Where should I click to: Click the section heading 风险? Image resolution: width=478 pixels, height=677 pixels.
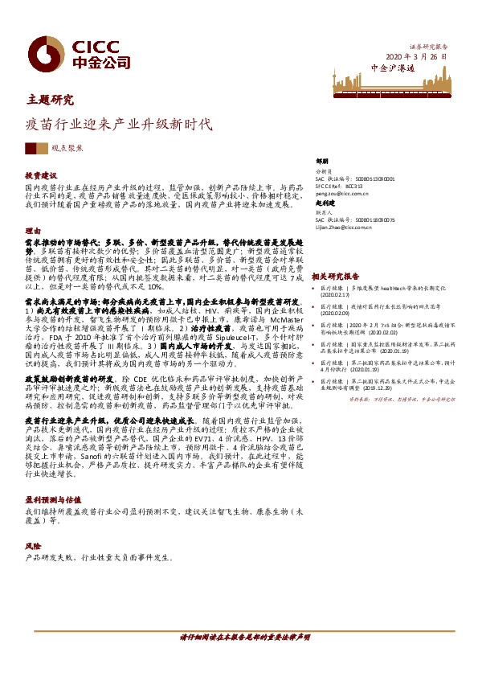pyautogui.click(x=32, y=545)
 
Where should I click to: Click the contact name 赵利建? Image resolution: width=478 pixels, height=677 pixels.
pyautogui.click(x=325, y=203)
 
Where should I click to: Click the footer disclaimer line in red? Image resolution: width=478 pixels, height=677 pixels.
pyautogui.click(x=244, y=637)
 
